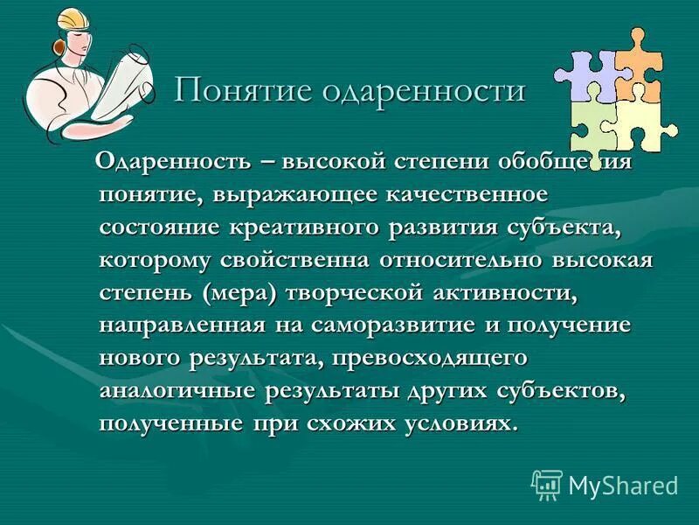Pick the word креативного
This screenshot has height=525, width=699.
pos(305,227)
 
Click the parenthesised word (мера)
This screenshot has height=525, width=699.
pos(239,293)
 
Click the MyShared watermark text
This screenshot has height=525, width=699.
pos(622,485)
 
